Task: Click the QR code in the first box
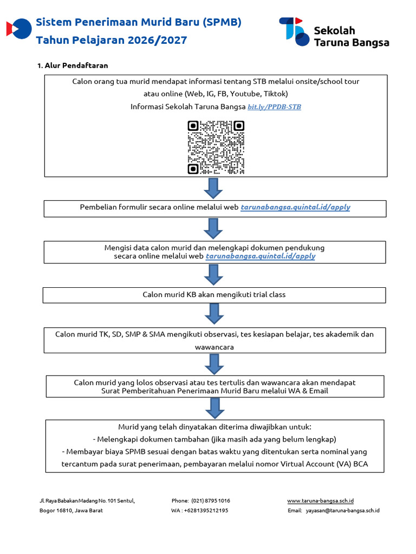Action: pos(216,147)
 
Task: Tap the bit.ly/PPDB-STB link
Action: pos(274,107)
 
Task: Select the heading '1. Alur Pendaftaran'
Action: pos(73,65)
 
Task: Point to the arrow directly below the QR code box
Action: pos(213,188)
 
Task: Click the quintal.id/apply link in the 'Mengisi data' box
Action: pos(261,256)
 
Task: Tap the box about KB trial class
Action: pos(214,295)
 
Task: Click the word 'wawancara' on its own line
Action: pos(214,347)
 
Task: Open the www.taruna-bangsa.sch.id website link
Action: pos(320,500)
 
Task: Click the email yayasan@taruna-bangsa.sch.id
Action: pos(342,510)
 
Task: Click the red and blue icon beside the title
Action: pos(19,29)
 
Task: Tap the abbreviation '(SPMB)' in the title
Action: pos(222,23)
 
